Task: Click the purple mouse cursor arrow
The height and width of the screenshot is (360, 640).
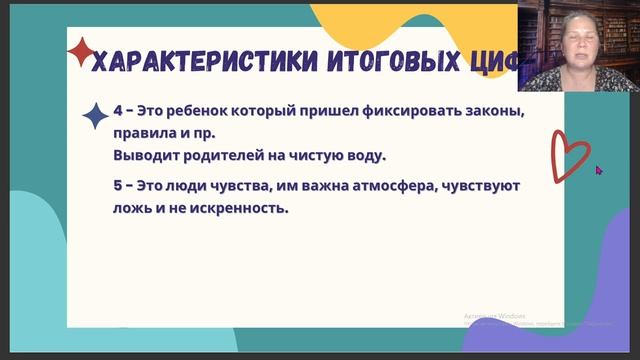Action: (599, 170)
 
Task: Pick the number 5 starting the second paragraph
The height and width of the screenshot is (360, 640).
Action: (120, 186)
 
